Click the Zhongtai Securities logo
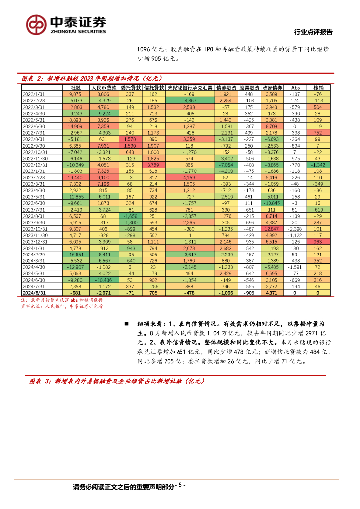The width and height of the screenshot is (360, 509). [66, 24]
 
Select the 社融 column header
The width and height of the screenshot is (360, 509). [75, 87]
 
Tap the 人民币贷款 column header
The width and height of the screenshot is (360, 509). [103, 87]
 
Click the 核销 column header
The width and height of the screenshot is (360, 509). [318, 87]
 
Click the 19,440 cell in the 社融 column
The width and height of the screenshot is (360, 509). [75, 177]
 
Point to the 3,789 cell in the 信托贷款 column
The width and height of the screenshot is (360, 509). [153, 165]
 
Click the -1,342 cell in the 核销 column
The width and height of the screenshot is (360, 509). [318, 165]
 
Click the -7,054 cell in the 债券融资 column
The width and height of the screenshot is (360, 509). [227, 165]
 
